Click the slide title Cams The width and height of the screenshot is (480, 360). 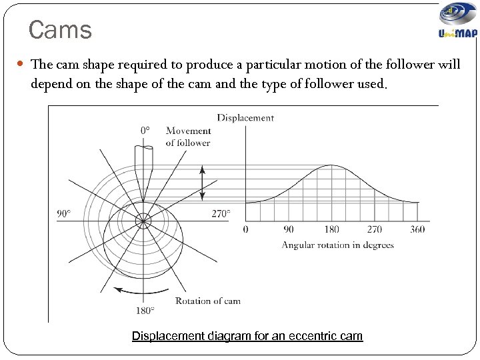60,30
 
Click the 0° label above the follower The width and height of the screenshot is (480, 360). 145,131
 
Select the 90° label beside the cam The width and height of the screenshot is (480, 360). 64,214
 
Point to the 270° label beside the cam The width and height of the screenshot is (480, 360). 221,214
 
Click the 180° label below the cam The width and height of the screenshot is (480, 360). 145,310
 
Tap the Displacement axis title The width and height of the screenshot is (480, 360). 245,118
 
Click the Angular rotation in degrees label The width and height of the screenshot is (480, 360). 337,245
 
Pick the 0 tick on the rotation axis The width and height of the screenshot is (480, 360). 245,230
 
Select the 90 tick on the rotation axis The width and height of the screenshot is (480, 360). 289,230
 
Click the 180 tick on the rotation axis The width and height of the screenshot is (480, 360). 332,230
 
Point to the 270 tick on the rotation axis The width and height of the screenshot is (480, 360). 375,230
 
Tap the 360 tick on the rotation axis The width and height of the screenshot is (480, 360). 417,230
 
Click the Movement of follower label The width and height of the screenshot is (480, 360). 188,137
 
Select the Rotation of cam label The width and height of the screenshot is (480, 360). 208,301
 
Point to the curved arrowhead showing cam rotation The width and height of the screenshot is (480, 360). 117,290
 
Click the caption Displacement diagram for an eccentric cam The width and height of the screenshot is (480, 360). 247,336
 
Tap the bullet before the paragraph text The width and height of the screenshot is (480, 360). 21,65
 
